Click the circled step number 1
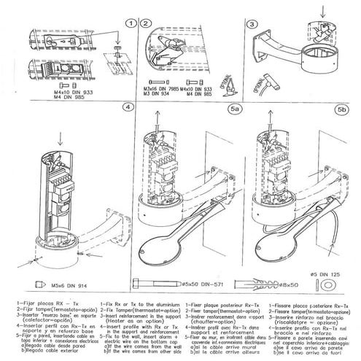tap(129, 23)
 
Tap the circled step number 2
tap(147, 23)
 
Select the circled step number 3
tap(250, 23)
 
